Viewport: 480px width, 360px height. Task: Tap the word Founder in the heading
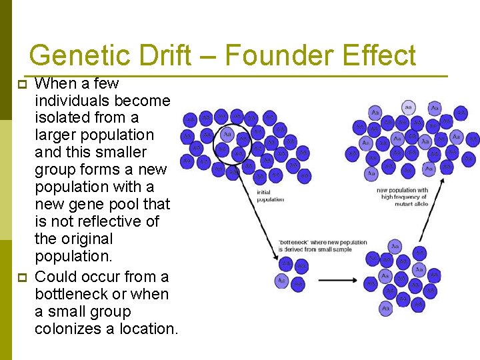pos(279,55)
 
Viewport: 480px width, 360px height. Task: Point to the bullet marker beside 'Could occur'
pos(22,277)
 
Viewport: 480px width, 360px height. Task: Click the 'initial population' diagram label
pos(270,196)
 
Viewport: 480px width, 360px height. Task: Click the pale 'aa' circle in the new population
pos(408,107)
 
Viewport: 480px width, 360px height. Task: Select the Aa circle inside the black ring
pos(227,135)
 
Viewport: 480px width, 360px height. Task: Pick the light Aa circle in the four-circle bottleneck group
pos(282,281)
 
